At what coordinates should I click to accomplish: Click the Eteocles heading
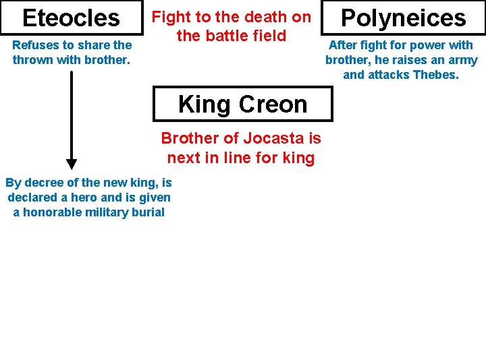pos(71,18)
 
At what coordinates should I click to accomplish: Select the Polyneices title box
pos(403,18)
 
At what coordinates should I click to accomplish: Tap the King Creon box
pos(242,104)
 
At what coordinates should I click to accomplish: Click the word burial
pos(147,212)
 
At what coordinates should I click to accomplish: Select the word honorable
pos(52,212)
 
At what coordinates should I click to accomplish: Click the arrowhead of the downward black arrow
pos(72,164)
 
